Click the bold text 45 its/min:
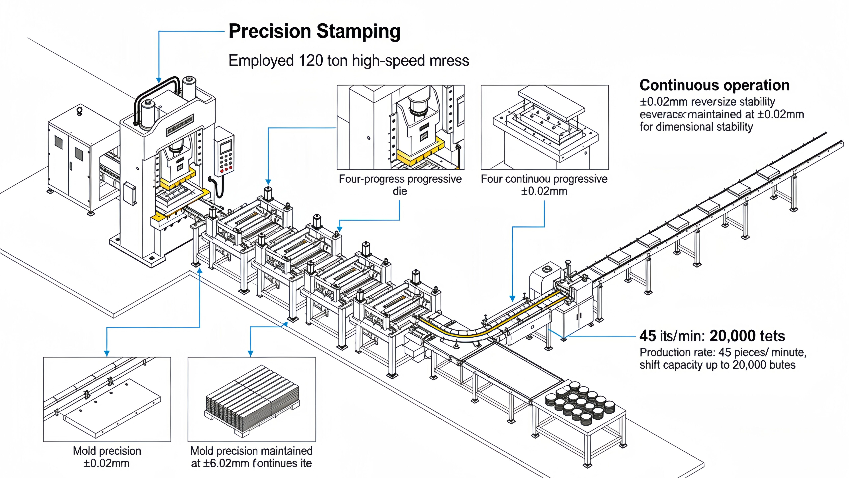click(x=672, y=336)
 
